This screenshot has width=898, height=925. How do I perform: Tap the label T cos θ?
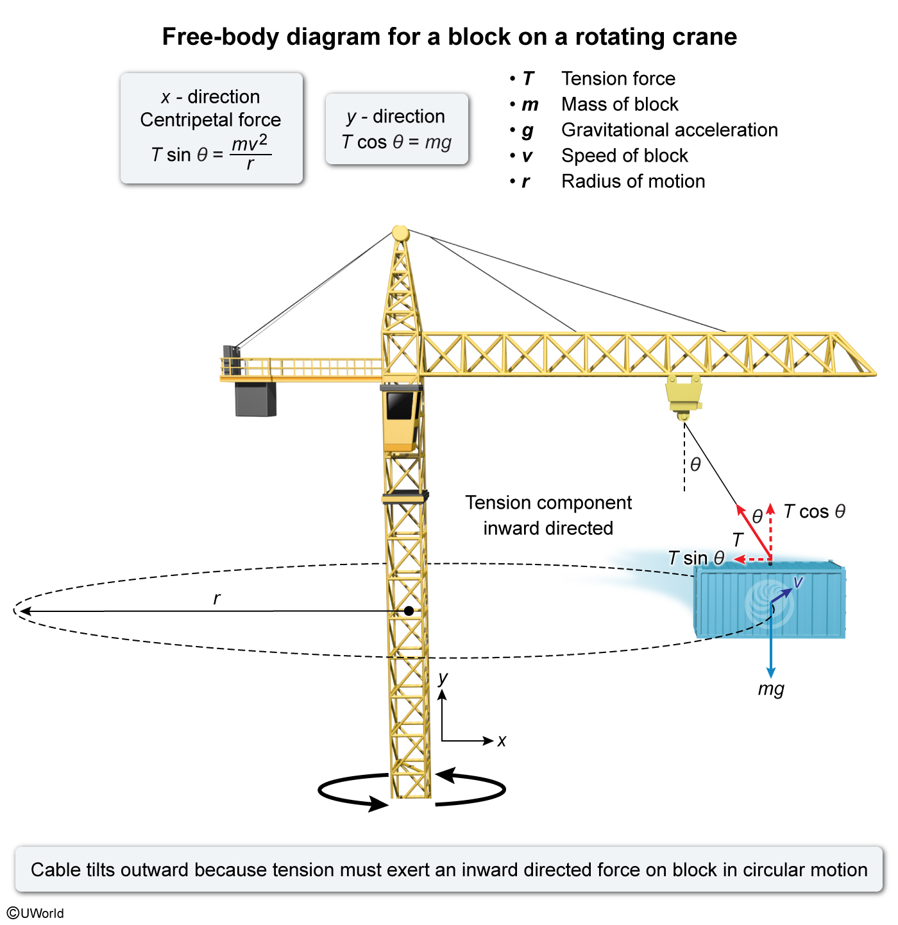[x=815, y=511]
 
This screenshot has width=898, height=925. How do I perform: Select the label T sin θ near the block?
[x=696, y=558]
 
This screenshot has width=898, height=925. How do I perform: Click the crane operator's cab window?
[x=400, y=406]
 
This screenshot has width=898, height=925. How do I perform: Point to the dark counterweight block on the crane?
[x=255, y=399]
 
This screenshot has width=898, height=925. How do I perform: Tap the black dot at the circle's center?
[x=409, y=611]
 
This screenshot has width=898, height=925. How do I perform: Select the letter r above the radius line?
[x=217, y=598]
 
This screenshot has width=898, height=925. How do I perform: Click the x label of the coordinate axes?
[x=502, y=741]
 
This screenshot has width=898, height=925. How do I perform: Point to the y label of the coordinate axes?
[x=443, y=678]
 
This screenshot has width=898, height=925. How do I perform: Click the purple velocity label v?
[x=798, y=582]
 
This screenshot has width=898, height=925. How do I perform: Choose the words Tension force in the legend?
[x=618, y=78]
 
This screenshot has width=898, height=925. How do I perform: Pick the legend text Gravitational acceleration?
[x=669, y=130]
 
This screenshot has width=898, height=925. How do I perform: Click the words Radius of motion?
[x=633, y=181]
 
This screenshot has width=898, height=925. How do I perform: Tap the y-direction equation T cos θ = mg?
[x=396, y=142]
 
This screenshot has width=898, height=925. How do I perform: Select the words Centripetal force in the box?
[x=210, y=120]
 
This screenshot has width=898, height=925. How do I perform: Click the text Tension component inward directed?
[x=548, y=515]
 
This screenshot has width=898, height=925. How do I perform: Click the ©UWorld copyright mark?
[x=36, y=913]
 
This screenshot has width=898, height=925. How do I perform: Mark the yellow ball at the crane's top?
[x=400, y=233]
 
